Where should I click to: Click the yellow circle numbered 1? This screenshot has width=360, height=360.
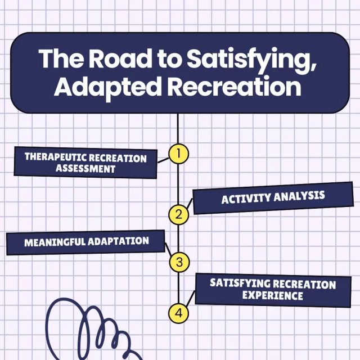[178, 154]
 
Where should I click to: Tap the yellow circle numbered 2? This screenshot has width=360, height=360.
[178, 214]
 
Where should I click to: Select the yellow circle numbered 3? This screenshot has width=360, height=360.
[179, 262]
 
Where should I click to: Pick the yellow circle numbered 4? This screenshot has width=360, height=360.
[178, 313]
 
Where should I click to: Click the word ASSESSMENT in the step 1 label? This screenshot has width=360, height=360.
[85, 168]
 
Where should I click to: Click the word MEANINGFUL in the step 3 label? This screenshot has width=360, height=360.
[55, 242]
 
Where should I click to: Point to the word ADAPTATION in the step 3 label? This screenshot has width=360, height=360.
[118, 241]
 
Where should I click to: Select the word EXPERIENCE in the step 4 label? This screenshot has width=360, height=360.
[272, 295]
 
